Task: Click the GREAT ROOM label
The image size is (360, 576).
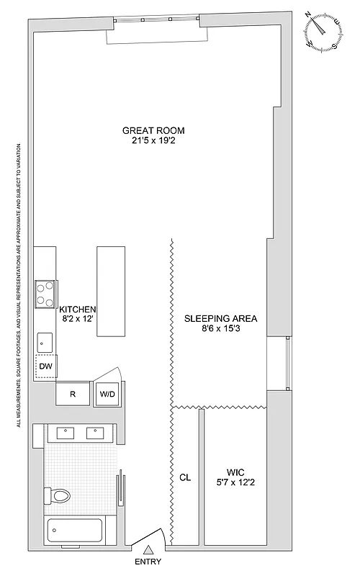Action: pos(153,130)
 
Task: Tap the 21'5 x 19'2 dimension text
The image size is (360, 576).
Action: pos(153,141)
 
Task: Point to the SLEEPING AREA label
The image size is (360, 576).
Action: pos(221,318)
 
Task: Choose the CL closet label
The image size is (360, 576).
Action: pos(185,477)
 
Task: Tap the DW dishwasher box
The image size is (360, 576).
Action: pos(47,366)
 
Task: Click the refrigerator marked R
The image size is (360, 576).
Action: pos(73,394)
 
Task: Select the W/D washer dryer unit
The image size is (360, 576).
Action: pos(107,394)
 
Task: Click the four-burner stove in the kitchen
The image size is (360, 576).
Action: pos(47,293)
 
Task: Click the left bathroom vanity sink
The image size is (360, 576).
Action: pos(66,433)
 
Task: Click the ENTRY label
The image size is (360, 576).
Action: pos(148,562)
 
